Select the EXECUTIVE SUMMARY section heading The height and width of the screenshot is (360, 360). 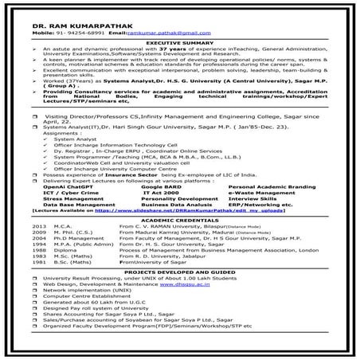click(179, 41)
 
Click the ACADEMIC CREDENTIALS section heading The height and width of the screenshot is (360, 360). click(179, 219)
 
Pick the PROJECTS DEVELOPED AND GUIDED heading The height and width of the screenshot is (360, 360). click(179, 294)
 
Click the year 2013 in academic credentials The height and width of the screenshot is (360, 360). click(40, 226)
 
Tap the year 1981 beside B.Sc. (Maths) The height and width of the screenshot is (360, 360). click(40, 284)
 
